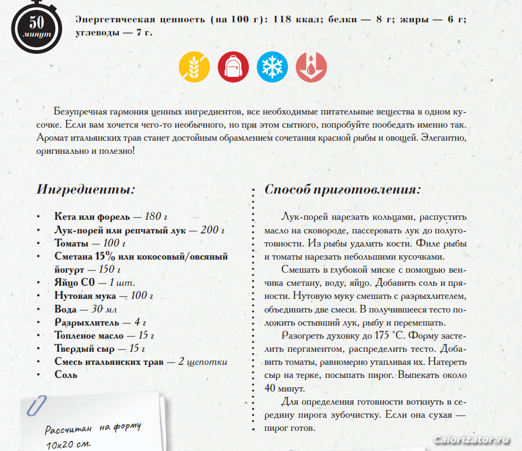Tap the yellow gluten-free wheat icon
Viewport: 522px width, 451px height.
tap(195, 68)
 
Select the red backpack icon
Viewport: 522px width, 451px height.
tap(233, 68)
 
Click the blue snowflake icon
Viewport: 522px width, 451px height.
tap(272, 68)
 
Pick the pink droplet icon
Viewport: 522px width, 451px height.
tap(311, 68)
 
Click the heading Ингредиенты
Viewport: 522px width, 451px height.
tap(86, 190)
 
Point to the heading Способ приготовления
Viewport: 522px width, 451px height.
tap(343, 190)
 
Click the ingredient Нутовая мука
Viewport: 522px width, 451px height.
tap(85, 296)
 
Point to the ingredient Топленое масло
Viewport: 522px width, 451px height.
tap(89, 335)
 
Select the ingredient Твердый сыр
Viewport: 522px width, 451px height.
tap(83, 348)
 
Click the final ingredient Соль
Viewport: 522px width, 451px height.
tap(66, 375)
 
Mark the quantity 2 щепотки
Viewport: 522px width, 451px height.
tap(202, 362)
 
